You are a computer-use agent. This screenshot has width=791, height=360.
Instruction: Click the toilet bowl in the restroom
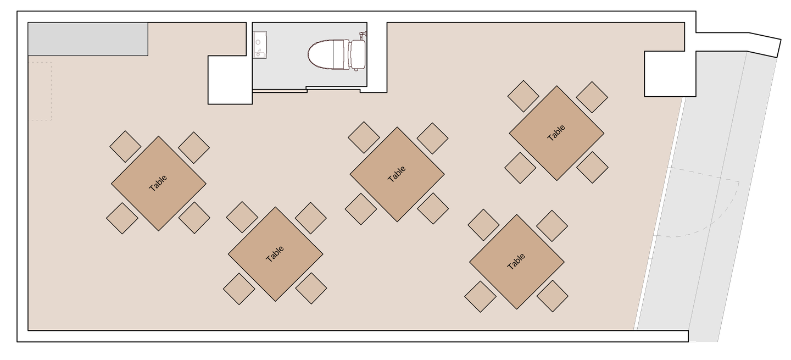321,55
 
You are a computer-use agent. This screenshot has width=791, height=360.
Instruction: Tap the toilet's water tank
358,55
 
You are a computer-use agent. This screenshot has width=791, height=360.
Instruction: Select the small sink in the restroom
259,45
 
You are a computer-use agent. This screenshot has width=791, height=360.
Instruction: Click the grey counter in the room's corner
88,39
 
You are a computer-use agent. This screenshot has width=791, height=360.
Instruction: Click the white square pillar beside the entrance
670,74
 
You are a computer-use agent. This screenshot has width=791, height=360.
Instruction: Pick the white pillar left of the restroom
230,80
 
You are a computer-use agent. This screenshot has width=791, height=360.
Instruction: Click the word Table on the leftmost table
158,183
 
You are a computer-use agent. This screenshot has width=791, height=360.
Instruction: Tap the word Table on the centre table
397,174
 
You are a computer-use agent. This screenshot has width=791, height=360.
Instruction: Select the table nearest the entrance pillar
556,133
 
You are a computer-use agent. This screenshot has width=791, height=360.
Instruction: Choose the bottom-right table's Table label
516,262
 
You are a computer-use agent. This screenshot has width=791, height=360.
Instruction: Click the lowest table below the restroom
275,254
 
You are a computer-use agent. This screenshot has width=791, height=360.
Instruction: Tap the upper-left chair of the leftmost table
125,146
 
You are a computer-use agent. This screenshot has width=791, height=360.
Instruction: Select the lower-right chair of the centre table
433,208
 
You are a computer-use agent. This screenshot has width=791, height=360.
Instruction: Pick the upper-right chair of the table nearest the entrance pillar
592,97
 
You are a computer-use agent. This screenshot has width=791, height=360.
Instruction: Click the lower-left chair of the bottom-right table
480,296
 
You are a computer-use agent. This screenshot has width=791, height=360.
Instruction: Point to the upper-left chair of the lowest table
242,217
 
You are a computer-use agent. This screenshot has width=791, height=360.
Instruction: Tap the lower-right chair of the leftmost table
194,218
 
